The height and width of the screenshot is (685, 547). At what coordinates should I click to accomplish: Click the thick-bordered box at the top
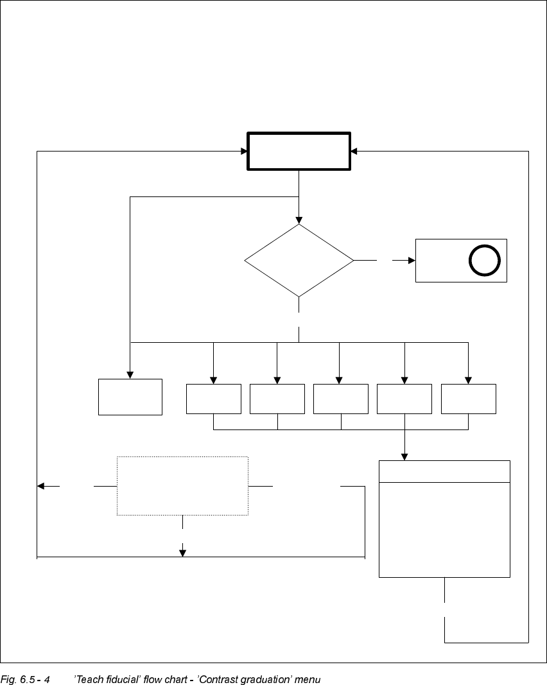pyautogui.click(x=299, y=152)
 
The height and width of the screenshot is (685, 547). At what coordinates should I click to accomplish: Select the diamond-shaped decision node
pyautogui.click(x=299, y=261)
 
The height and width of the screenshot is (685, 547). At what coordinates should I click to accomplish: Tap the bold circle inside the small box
pyautogui.click(x=485, y=261)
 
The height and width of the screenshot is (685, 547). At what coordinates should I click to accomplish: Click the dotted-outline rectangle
pyautogui.click(x=182, y=485)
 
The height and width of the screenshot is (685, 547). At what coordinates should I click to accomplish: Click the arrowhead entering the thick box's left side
pyautogui.click(x=245, y=152)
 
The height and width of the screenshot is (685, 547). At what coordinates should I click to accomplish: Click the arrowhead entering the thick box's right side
pyautogui.click(x=354, y=152)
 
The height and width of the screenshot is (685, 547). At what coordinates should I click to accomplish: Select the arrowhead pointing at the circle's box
pyautogui.click(x=412, y=261)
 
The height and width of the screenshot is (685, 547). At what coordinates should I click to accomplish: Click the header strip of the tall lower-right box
pyautogui.click(x=444, y=471)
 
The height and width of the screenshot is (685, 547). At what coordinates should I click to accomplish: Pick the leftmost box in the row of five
pyautogui.click(x=213, y=399)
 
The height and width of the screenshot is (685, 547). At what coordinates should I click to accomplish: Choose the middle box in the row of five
pyautogui.click(x=340, y=399)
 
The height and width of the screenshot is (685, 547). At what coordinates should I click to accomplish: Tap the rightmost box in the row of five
pyautogui.click(x=468, y=399)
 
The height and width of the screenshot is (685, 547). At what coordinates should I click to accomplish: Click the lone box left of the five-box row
pyautogui.click(x=130, y=397)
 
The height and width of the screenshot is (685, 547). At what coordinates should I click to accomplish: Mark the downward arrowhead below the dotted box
pyautogui.click(x=182, y=553)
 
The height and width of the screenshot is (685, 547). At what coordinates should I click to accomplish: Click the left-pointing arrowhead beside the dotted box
pyautogui.click(x=41, y=486)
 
